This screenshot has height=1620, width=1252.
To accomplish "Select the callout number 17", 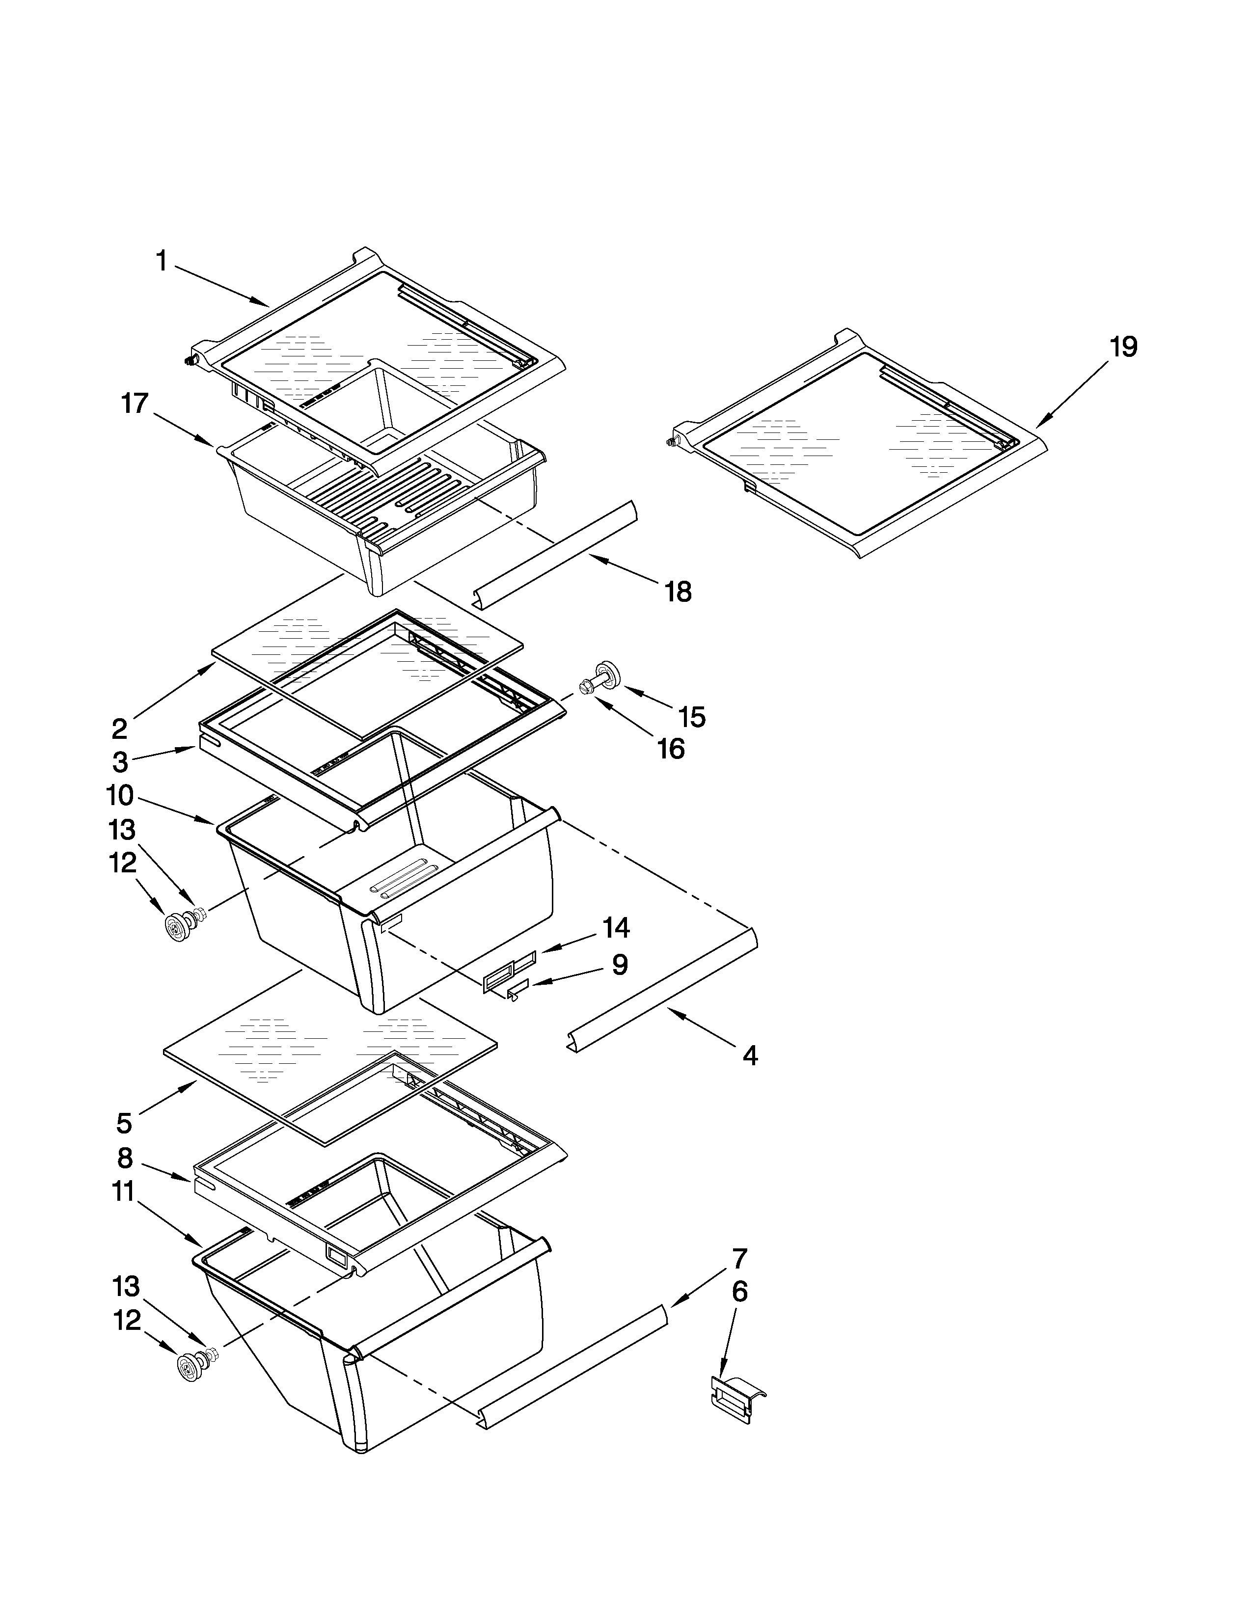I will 135,404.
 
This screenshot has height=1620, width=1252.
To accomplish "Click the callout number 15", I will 691,717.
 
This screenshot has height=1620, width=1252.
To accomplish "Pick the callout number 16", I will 671,749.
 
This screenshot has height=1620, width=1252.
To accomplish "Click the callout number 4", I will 750,1055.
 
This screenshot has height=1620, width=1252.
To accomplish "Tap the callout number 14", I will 616,927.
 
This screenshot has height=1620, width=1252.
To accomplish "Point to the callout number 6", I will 739,1292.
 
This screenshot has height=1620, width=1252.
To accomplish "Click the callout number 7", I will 739,1258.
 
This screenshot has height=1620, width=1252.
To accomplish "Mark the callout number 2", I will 119,729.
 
